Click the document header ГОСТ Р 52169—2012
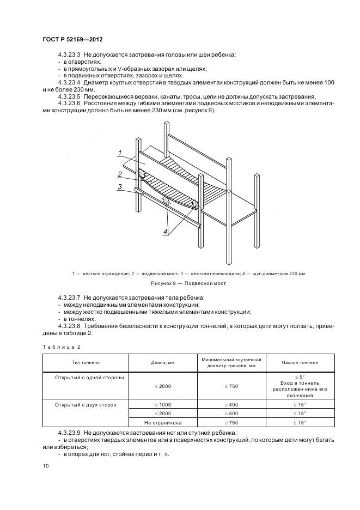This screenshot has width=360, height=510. (72, 40)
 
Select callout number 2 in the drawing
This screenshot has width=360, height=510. (119, 174)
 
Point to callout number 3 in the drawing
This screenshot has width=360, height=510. (119, 186)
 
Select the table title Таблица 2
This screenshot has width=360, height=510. (61, 347)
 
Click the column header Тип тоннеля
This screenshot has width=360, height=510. (86, 362)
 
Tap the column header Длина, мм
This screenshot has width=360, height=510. (162, 362)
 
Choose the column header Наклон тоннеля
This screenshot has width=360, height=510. (300, 362)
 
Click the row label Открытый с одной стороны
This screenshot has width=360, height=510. (89, 377)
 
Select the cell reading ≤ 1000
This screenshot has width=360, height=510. (162, 405)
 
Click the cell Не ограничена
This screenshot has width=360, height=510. (162, 422)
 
